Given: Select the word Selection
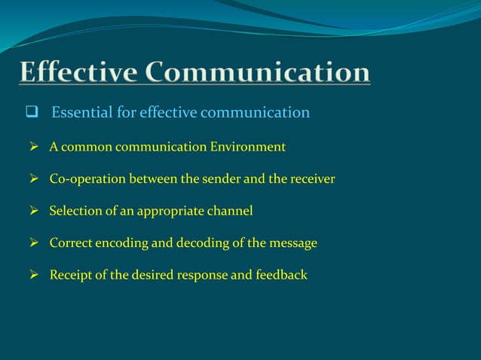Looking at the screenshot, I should [x=77, y=211].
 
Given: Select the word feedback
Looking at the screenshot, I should [x=281, y=275].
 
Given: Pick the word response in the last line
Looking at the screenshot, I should [x=201, y=275].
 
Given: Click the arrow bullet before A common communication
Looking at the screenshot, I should [x=35, y=147].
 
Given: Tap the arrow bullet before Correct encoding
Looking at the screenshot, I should [x=35, y=243].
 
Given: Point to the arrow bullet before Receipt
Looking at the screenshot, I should [x=35, y=275].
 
